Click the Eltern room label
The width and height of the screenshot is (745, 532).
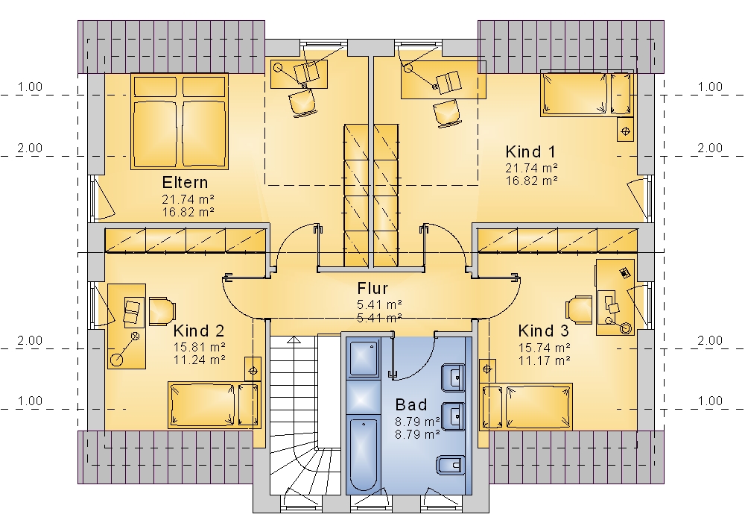point(185,183)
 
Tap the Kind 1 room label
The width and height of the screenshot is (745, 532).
point(530,152)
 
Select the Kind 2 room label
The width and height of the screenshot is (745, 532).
point(199,331)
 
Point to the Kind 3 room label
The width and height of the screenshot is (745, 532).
point(544,331)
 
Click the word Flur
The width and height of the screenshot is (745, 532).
point(372,288)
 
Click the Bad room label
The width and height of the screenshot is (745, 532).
point(411,405)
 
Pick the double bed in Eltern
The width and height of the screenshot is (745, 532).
point(179,122)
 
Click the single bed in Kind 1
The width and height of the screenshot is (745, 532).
point(587,93)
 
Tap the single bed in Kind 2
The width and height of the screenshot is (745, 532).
point(215,404)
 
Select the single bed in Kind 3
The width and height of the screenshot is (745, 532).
point(526,406)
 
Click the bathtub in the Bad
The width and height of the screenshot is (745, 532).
point(364,454)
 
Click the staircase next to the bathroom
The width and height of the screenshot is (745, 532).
point(305,415)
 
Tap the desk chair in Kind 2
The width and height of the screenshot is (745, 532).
point(162,311)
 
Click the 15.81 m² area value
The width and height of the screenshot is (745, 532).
point(200,348)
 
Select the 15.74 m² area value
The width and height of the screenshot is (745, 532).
point(545,348)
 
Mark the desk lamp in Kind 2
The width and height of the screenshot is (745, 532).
point(124,348)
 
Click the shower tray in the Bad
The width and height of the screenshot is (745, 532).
point(364,357)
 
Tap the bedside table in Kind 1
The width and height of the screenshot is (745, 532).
point(625,129)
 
